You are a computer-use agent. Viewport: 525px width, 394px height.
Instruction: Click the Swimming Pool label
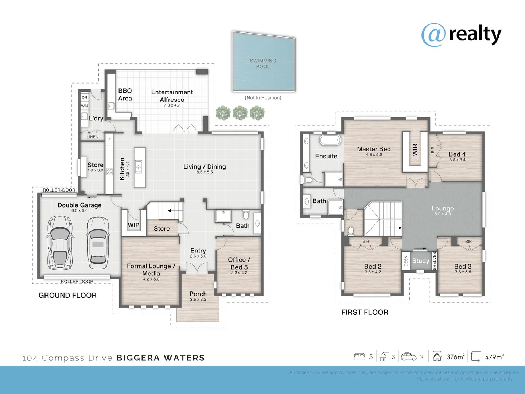[x=263, y=63]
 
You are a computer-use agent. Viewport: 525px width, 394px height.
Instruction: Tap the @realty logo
[x=461, y=35]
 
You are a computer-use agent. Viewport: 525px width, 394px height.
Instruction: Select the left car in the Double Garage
[x=59, y=243]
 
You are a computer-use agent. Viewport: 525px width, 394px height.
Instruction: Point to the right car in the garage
[x=98, y=243]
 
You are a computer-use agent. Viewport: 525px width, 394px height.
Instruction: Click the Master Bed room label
[x=374, y=149]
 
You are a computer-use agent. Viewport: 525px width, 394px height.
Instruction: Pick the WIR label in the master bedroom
[x=415, y=150]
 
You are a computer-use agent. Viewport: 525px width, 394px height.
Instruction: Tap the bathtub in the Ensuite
[x=330, y=140]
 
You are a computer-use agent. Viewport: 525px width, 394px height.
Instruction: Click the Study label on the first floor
[x=420, y=261]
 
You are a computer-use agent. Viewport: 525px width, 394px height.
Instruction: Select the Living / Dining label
[x=205, y=167]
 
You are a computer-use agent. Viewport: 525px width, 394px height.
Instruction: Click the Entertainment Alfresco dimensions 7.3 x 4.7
[x=172, y=105]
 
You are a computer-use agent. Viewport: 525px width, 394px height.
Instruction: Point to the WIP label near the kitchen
[x=133, y=225]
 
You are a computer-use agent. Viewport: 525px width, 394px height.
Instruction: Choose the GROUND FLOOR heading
[x=67, y=295]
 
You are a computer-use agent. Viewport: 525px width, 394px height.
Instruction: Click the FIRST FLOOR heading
[x=365, y=312]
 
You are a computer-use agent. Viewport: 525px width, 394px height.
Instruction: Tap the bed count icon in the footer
[x=359, y=356]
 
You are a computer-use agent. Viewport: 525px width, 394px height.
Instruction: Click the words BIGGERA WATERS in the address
[x=160, y=358]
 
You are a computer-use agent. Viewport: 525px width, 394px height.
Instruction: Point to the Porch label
[x=198, y=294]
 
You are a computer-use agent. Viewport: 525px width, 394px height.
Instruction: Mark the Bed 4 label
[x=457, y=154]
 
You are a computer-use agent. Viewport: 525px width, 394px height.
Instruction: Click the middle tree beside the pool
[x=240, y=113]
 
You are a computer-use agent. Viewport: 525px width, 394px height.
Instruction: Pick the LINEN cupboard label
[x=93, y=137]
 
